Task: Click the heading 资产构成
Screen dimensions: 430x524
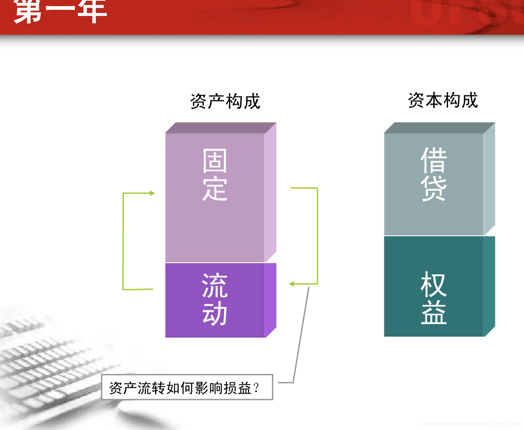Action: click(225, 101)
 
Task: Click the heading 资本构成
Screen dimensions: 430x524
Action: click(443, 100)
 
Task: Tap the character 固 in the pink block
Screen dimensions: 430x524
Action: click(215, 161)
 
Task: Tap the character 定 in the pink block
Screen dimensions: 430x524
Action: click(215, 188)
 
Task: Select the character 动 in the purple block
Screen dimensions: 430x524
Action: click(215, 313)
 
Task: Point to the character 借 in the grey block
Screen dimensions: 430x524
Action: click(433, 160)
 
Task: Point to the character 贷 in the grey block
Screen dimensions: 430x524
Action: click(433, 188)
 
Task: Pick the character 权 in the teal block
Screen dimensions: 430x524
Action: click(433, 284)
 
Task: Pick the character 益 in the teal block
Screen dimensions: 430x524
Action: click(433, 312)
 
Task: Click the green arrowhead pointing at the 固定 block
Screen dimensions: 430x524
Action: click(152, 193)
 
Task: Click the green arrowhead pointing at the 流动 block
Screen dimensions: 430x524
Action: click(292, 284)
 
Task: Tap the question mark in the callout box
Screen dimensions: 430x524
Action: click(256, 387)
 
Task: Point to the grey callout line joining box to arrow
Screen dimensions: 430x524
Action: click(301, 335)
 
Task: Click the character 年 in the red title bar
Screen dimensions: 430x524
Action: click(92, 12)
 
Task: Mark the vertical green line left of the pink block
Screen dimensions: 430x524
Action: click(123, 242)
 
